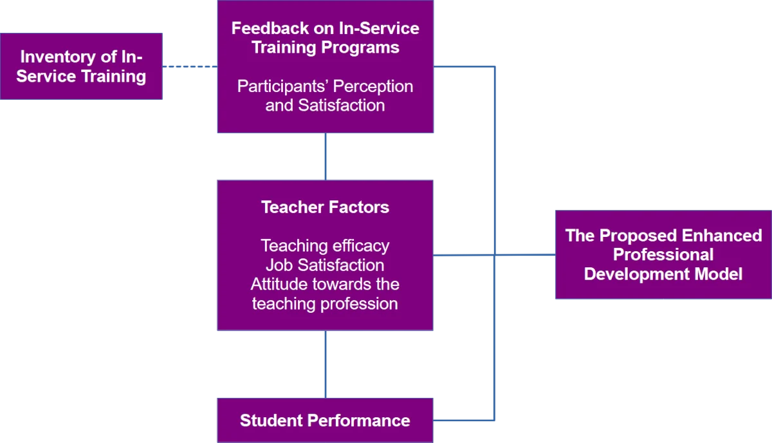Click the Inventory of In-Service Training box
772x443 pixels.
pyautogui.click(x=81, y=67)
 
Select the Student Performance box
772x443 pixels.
pyautogui.click(x=325, y=420)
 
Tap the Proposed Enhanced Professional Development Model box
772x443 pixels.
pyautogui.click(x=663, y=254)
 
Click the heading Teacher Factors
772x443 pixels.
pyautogui.click(x=325, y=207)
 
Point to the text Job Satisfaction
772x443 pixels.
pyautogui.click(x=325, y=265)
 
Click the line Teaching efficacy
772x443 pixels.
pyautogui.click(x=325, y=245)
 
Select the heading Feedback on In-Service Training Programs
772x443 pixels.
pyautogui.click(x=325, y=37)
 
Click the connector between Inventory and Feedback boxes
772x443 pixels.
pyautogui.click(x=190, y=66)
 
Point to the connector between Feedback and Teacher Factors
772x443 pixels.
pyautogui.click(x=325, y=156)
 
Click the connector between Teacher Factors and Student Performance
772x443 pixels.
pyautogui.click(x=325, y=364)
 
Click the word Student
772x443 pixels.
pyautogui.click(x=271, y=420)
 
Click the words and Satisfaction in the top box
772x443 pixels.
pyautogui.click(x=325, y=105)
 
